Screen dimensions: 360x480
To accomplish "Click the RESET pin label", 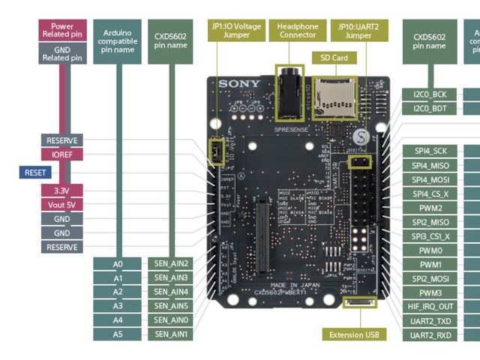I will pos(35,172).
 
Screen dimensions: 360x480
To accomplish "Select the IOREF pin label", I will pos(62,154).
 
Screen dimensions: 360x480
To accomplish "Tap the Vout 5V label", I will pos(62,205).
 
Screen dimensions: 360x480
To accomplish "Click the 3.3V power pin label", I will pos(62,190).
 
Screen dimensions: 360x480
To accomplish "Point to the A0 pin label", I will pos(118,263).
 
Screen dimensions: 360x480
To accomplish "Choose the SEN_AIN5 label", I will pos(172,306).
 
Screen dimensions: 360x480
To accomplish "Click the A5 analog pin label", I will pos(118,334).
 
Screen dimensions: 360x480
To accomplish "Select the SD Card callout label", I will pos(334,58).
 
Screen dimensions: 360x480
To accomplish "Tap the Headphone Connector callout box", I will pos(298,31).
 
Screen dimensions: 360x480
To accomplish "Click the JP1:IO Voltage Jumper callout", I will pos(236,31).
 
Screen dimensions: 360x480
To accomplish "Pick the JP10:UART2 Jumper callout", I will pos(359,31).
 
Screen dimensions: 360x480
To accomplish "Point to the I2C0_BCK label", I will pos(430,94).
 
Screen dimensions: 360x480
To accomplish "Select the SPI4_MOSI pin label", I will pos(430,180).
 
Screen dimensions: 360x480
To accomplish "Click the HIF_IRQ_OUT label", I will pos(430,306).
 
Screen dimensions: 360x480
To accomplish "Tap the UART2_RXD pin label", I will pos(430,334).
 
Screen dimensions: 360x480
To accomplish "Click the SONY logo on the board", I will pos(240,84).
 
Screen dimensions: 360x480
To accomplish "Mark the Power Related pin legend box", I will pos(62,31).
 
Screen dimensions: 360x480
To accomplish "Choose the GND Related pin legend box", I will pos(62,53).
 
